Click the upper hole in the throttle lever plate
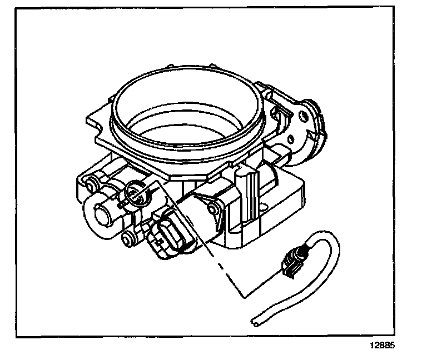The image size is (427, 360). (x=303, y=116)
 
